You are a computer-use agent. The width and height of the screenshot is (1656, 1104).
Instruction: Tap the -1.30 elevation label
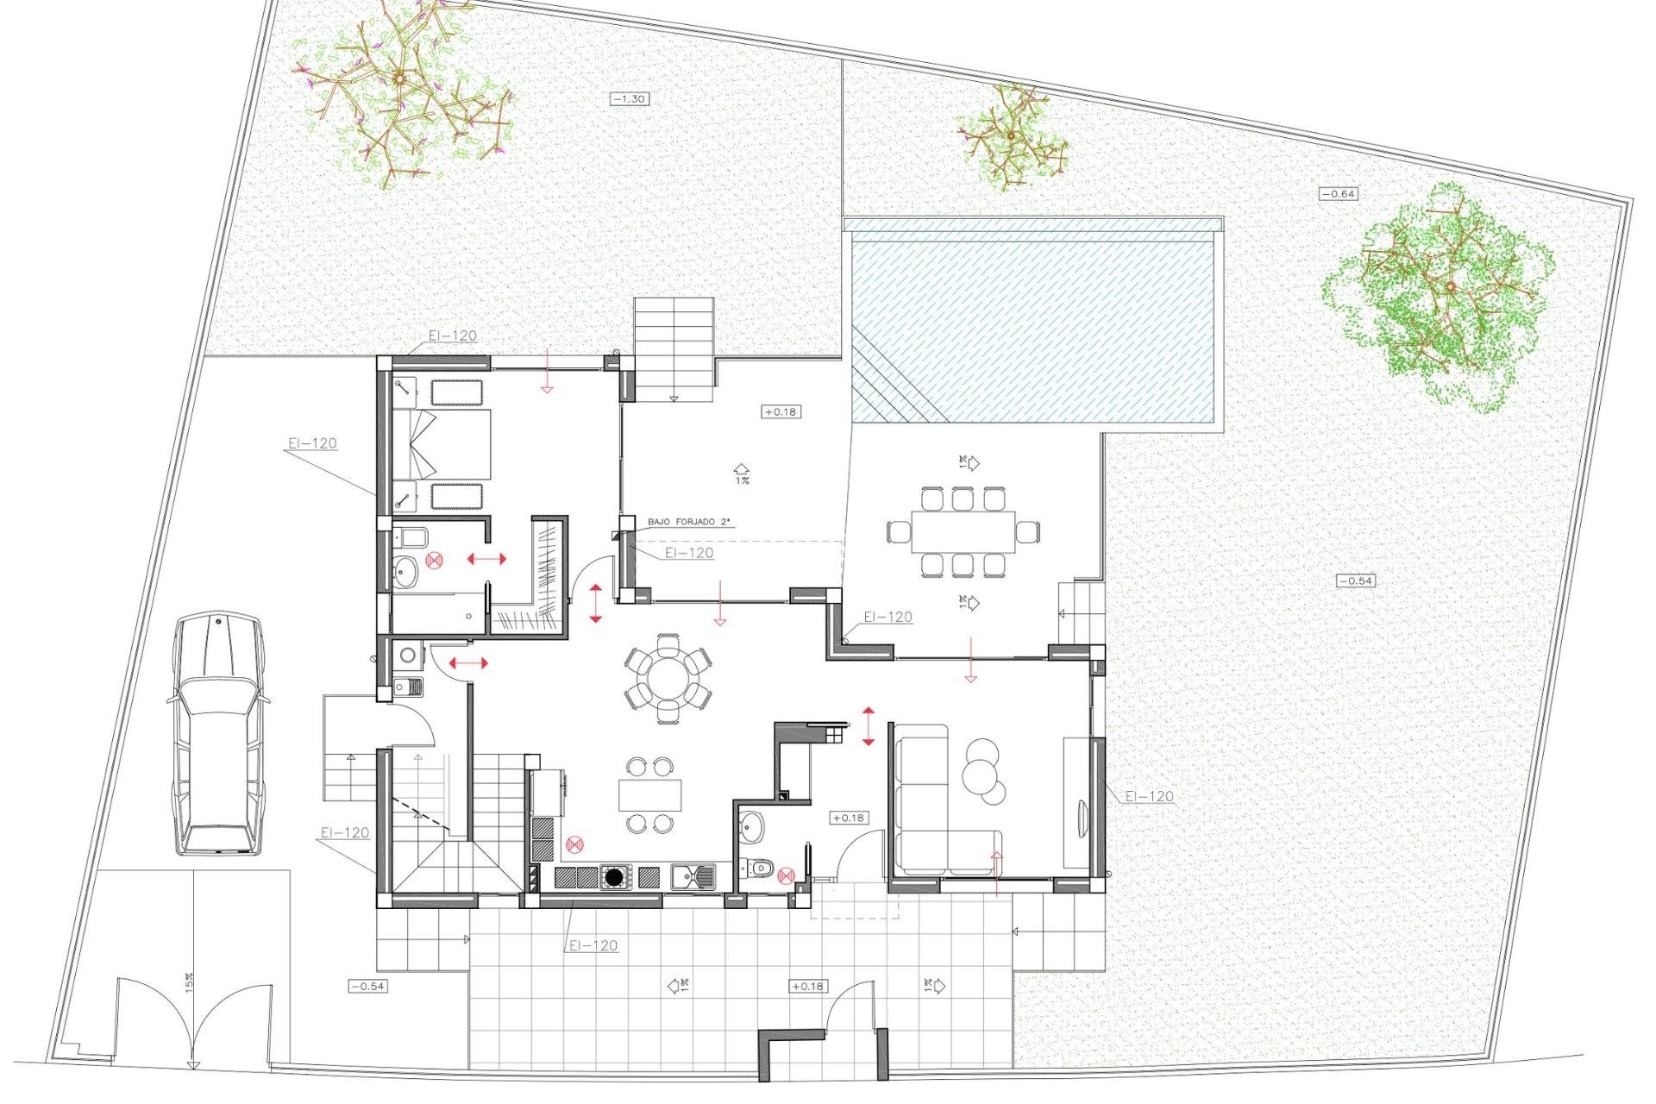[x=629, y=99]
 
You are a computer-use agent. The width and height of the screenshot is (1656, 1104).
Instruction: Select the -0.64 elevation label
[x=1339, y=194]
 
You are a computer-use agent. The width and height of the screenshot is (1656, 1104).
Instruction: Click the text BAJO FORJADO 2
[x=688, y=522]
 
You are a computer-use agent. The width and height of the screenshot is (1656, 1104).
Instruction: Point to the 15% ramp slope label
[x=189, y=982]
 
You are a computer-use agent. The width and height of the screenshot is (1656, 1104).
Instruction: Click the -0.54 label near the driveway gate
[x=367, y=986]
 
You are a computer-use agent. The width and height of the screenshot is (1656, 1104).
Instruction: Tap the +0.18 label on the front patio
[x=806, y=986]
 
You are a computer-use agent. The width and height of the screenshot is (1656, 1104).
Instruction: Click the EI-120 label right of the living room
[x=1149, y=796]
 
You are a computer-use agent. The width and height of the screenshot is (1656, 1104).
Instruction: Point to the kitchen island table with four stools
[x=649, y=794]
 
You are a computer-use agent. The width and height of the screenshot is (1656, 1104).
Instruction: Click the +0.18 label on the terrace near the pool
[x=780, y=412]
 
